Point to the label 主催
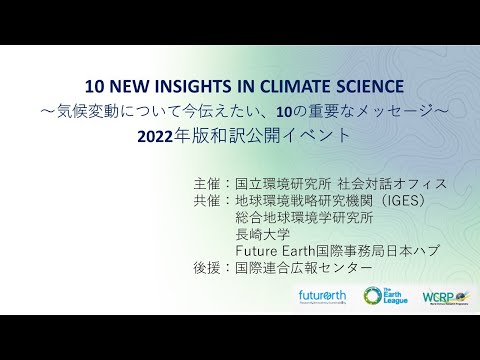click(x=208, y=184)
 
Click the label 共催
click(x=208, y=200)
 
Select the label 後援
click(x=208, y=267)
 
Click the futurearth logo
click(x=321, y=297)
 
